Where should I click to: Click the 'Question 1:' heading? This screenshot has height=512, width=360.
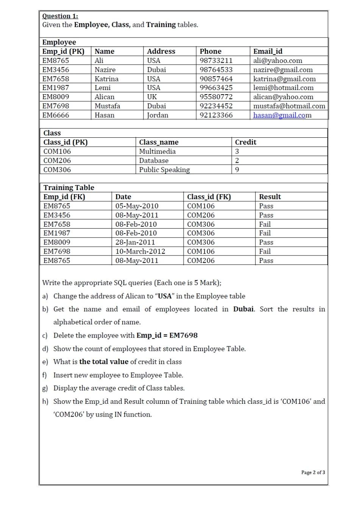[x=60, y=16]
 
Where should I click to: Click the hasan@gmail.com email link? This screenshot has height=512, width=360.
[x=282, y=115]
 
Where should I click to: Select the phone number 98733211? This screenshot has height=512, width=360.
[x=216, y=61]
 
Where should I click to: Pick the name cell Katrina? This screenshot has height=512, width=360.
[x=106, y=79]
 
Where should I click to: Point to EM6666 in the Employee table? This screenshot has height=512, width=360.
[x=56, y=115]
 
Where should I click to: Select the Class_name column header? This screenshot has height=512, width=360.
[x=159, y=142]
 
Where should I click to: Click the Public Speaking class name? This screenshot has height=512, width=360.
[x=164, y=170]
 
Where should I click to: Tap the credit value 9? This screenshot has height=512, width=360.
[x=237, y=170]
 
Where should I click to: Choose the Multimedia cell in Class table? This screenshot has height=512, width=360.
[x=157, y=151]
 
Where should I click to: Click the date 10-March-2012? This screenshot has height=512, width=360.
[x=140, y=251]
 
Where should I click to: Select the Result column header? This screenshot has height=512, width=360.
[x=270, y=197]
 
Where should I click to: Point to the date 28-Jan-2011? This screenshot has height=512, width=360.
[x=135, y=242]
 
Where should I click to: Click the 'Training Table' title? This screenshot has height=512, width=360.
[x=69, y=188]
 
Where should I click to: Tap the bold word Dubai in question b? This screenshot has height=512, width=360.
[x=243, y=309]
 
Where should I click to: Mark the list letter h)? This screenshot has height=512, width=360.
[x=45, y=402]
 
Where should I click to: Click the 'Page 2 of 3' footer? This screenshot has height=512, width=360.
[x=313, y=472]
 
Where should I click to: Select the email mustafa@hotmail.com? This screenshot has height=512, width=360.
[x=289, y=106]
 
